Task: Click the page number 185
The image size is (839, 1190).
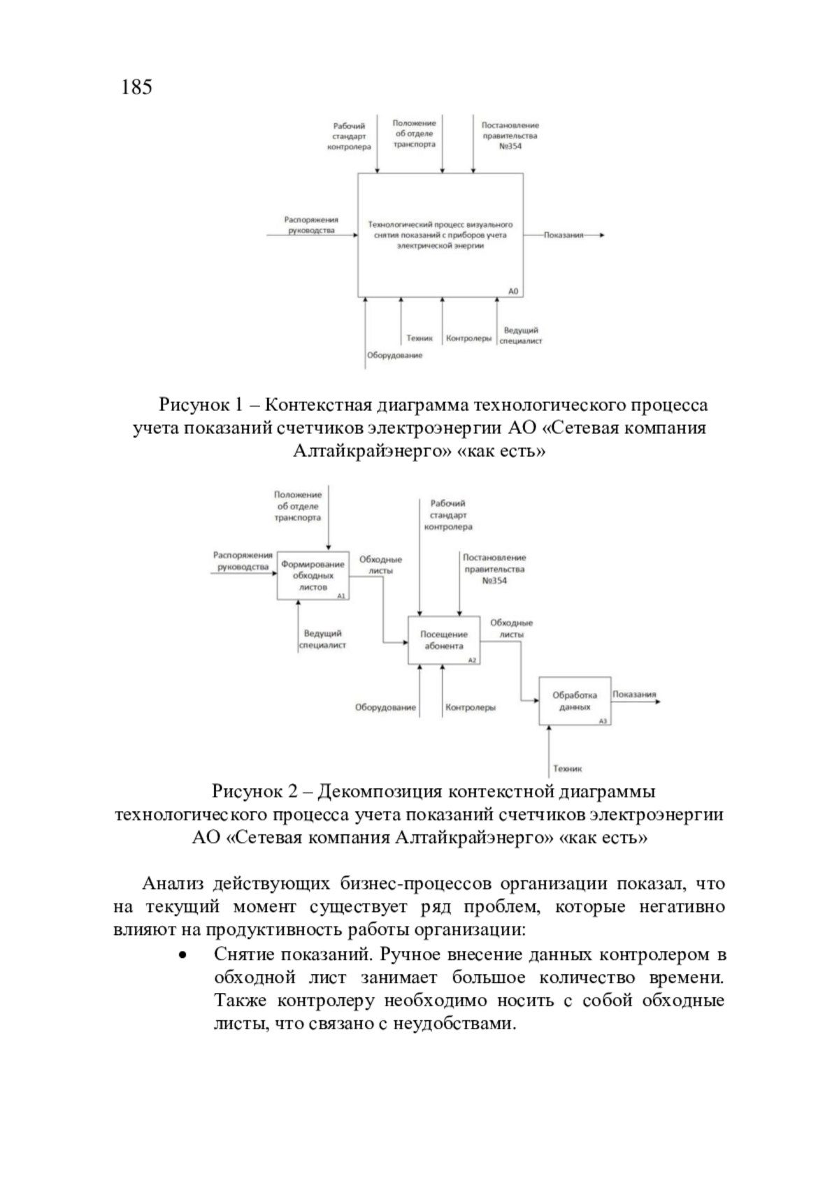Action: pos(136,87)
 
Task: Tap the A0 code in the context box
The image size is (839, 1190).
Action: pos(513,291)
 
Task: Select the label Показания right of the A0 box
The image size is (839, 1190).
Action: pos(564,235)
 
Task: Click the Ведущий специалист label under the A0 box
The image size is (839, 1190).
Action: pos(521,335)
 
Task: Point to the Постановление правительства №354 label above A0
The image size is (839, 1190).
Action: pos(510,136)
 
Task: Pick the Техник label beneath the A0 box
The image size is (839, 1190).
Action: pos(419,338)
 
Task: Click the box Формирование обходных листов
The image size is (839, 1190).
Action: pos(313,575)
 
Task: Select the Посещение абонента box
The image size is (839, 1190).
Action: pos(444,640)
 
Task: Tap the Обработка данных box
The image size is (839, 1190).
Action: pos(575,701)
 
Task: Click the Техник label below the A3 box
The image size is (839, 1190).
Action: pos(567,769)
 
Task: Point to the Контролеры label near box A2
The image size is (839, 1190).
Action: pos(471,707)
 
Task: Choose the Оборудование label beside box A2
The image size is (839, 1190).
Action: pos(385,707)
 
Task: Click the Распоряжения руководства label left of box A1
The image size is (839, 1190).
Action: pos(243,561)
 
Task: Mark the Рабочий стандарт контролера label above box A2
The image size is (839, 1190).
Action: pos(448,515)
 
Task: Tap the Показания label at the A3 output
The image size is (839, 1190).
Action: pos(634,695)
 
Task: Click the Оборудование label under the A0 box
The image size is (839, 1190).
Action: pos(395,356)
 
